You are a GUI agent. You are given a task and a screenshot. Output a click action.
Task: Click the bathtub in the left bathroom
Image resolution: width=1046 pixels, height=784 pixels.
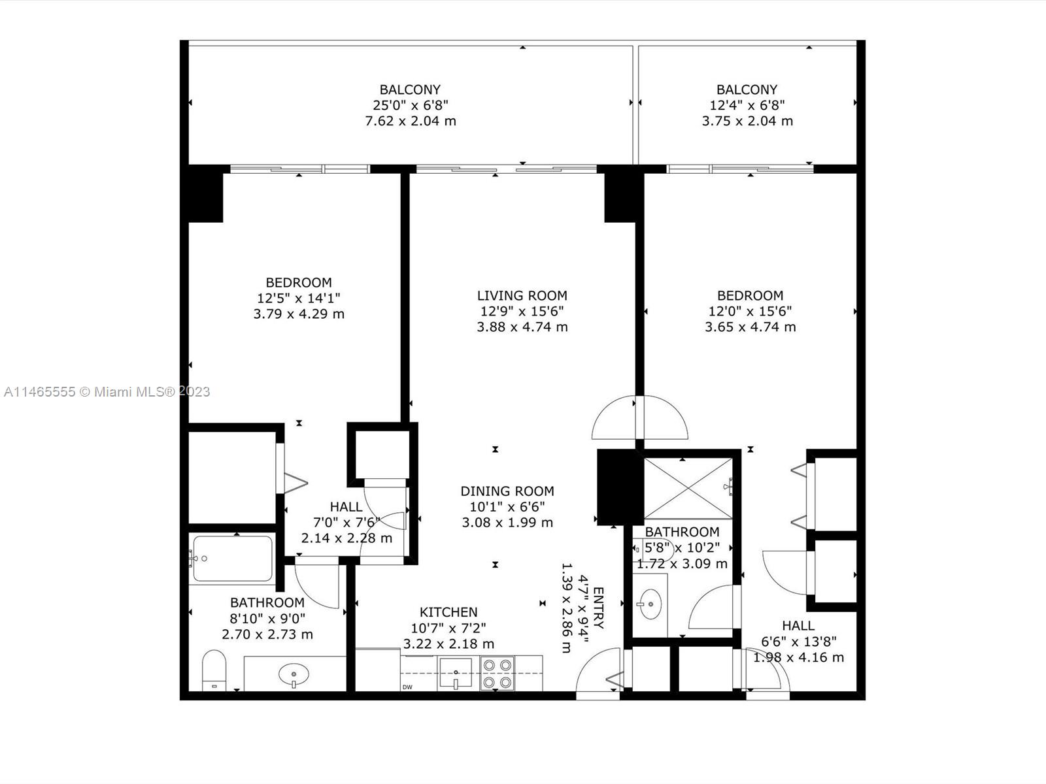coord(233,559)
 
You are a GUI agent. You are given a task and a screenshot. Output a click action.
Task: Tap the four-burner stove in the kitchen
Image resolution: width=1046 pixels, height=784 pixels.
coord(497,673)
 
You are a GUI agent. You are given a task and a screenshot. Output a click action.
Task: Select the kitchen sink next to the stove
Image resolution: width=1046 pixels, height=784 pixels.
coord(455,673)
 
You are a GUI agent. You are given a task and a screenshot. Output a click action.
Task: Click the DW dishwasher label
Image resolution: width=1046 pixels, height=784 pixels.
coord(407,687)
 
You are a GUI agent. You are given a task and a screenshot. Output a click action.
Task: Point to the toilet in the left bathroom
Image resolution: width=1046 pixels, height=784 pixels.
coord(214,671)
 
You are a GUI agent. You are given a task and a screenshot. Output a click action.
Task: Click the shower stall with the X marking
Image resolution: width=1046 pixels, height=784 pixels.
coord(688,489)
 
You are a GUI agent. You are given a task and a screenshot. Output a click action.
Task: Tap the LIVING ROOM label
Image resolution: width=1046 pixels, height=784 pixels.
coord(522,295)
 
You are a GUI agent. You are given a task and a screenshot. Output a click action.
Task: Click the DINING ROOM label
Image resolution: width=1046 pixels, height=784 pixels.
coord(507,491)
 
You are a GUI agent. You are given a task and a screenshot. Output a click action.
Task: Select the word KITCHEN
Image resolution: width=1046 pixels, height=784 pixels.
coord(448,612)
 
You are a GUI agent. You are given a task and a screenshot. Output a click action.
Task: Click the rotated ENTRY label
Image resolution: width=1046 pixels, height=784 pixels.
coord(599,608)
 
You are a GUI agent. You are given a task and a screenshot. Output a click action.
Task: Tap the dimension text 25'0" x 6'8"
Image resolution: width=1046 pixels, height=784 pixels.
coord(411,105)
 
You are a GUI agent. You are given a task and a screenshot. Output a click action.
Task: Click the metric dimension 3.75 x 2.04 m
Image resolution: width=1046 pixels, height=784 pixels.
coord(747,121)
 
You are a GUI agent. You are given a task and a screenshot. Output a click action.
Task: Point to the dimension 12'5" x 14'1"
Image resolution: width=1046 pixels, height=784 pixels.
coord(299,298)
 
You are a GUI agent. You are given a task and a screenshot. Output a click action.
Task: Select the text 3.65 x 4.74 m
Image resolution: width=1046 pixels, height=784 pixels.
coord(750,327)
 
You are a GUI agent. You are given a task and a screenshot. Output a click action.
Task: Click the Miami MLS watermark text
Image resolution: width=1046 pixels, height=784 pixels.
coord(107,392)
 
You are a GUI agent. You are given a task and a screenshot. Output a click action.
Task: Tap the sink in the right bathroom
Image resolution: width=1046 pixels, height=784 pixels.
coord(650,604)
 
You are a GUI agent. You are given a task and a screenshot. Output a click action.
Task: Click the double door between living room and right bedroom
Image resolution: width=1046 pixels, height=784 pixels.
coord(639,418)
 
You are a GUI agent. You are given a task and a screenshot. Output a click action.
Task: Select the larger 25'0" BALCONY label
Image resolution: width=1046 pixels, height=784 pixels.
coord(410,90)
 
